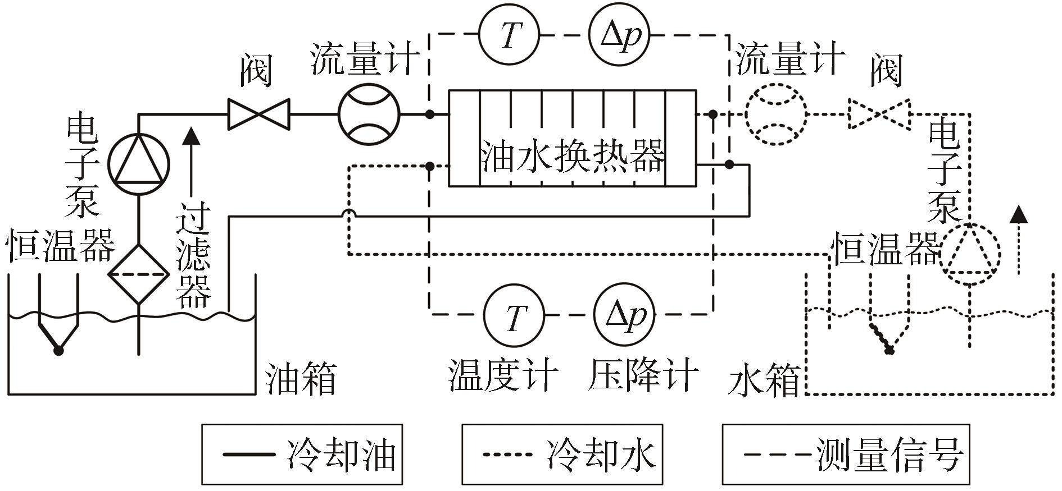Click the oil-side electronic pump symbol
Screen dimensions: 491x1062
tap(138, 164)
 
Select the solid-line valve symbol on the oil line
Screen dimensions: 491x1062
tap(258, 114)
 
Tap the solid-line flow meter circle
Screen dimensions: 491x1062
tap(369, 114)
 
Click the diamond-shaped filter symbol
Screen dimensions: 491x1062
tap(138, 274)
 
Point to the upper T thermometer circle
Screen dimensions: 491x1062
tap(509, 35)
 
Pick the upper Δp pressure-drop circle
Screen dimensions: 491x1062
tap(619, 35)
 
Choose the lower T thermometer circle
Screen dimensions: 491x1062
tap(514, 315)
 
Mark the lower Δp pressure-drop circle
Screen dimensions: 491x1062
tap(624, 315)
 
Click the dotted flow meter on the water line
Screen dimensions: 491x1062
tap(775, 114)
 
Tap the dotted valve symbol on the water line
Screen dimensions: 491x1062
tap(879, 114)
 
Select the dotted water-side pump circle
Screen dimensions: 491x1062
tap(970, 254)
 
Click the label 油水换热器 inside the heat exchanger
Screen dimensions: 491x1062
tap(572, 155)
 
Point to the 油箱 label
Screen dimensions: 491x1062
tap(301, 379)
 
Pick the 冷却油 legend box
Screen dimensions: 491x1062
tap(302, 455)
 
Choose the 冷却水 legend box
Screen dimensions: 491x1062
tap(562, 455)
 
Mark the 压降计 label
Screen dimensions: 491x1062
tap(644, 374)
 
